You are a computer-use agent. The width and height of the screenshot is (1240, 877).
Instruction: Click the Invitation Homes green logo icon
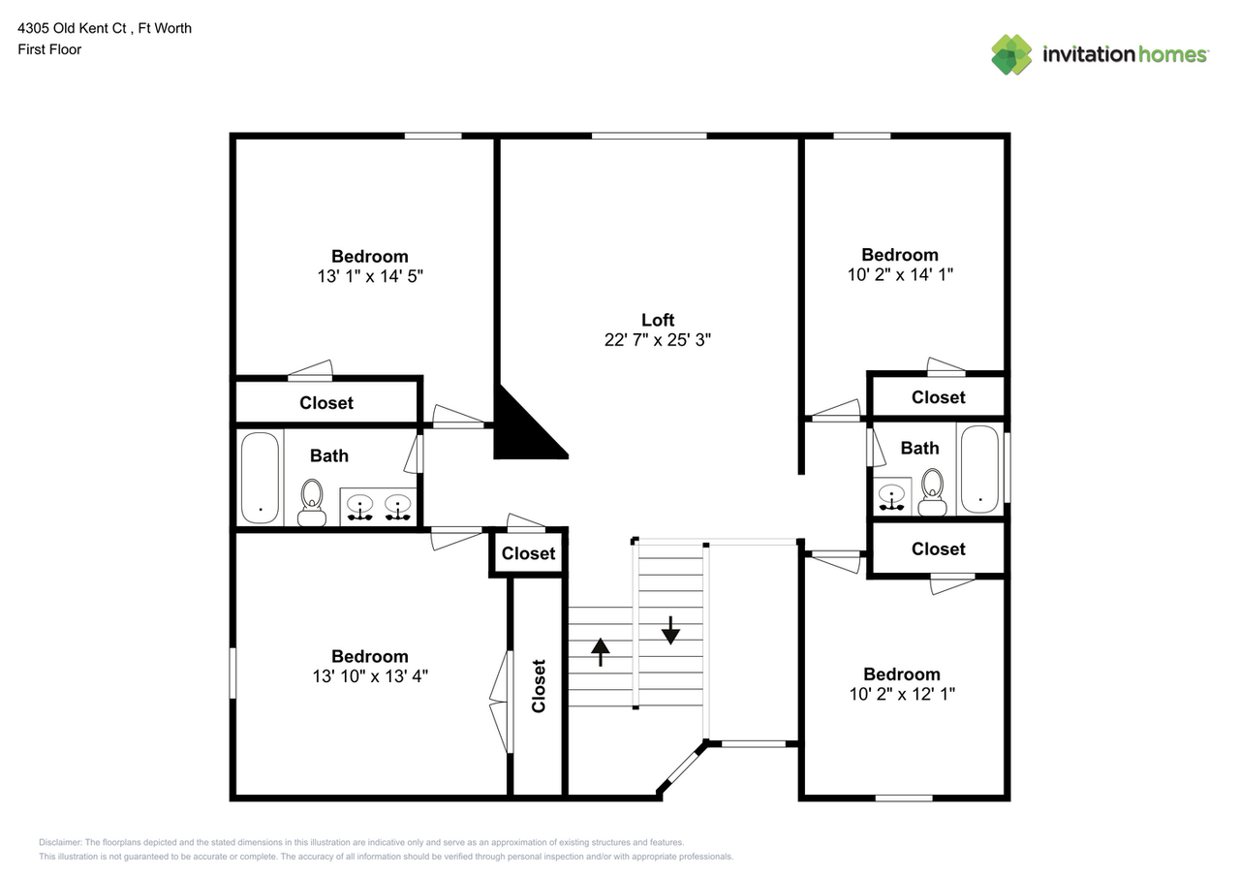[1011, 54]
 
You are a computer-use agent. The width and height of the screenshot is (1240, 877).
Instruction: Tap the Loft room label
[658, 320]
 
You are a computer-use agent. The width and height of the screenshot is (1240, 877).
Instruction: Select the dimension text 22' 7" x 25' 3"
[658, 340]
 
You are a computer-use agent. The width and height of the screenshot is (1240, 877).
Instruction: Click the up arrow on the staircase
[601, 651]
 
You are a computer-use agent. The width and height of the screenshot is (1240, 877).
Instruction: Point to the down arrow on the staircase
[670, 630]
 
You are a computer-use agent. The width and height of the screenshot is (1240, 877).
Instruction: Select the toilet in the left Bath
[312, 501]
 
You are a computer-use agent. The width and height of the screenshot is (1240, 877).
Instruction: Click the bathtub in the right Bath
[979, 469]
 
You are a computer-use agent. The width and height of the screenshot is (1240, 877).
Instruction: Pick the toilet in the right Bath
[932, 492]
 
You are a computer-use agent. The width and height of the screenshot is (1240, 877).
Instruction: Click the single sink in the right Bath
[891, 497]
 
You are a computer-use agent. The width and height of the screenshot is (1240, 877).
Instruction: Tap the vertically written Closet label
[539, 686]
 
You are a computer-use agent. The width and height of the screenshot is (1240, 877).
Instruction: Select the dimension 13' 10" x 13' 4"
[370, 676]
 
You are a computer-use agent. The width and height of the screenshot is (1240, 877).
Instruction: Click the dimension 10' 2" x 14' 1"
[900, 275]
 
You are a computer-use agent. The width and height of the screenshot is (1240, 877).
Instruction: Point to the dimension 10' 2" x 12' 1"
[902, 695]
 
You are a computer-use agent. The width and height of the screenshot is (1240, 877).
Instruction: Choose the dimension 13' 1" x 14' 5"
[370, 276]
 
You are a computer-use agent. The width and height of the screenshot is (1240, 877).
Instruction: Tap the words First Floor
[49, 49]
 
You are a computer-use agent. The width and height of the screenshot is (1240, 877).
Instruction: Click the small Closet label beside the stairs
[529, 553]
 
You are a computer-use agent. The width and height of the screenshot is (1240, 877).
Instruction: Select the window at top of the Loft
[648, 136]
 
